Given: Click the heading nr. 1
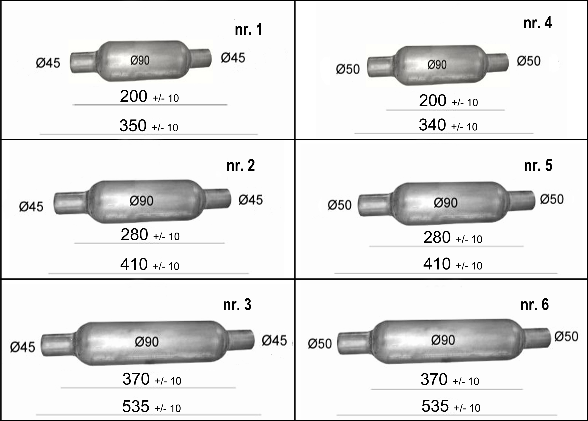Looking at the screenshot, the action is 248,29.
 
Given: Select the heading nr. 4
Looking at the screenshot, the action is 537,23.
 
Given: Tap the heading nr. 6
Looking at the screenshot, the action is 534,305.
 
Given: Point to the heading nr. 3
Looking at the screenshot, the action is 237,305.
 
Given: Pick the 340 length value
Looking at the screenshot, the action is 432,125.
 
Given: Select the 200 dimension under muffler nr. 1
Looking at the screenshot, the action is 133,96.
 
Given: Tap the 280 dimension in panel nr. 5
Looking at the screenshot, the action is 437,237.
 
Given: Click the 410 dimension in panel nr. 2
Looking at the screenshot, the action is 134,264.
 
